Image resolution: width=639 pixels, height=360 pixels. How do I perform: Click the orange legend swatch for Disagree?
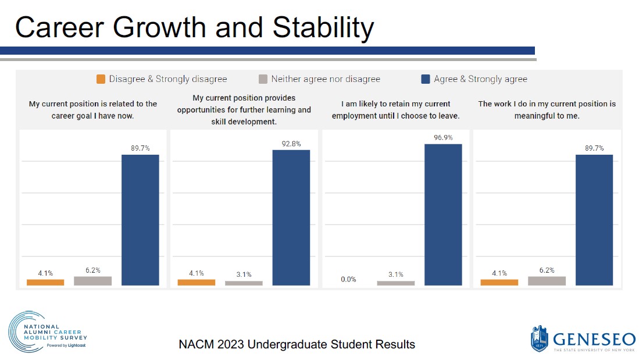coord(101,79)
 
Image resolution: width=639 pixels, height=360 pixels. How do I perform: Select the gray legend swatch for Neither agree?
coord(263,79)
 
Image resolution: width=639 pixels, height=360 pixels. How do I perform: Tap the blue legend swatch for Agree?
coord(426,79)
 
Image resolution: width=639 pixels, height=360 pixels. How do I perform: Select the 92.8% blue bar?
coord(291,218)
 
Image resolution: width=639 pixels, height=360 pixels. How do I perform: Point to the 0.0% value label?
coord(348,279)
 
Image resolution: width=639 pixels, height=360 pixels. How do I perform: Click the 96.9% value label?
coord(443,137)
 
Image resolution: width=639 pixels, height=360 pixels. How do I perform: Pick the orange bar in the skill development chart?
coord(196,282)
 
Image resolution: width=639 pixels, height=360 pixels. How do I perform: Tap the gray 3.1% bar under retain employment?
coord(396,283)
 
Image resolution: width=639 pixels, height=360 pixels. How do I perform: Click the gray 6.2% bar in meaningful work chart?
coord(547,280)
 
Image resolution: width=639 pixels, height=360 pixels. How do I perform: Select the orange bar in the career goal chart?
coord(45,282)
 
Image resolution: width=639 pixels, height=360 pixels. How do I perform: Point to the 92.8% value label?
coord(291,144)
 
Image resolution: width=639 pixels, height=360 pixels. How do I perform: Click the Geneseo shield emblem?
coord(539,339)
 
